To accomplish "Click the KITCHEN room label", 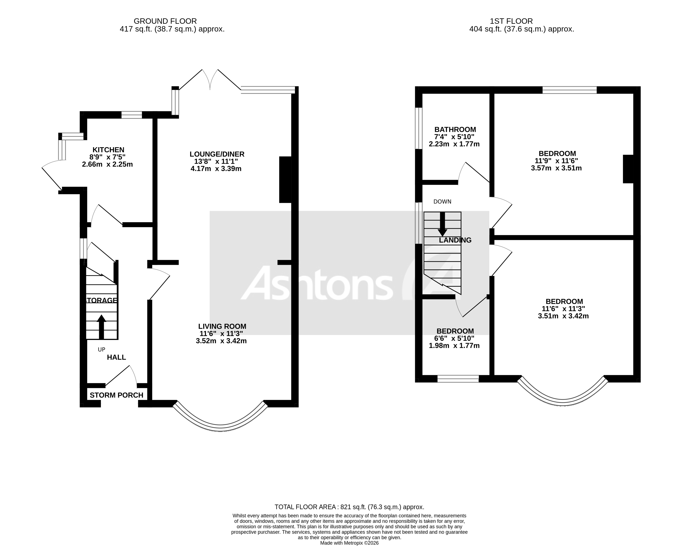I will [x=108, y=150].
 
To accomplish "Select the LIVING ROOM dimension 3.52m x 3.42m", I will [x=221, y=341].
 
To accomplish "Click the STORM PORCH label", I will [x=116, y=395].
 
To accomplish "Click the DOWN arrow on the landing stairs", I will [x=443, y=224].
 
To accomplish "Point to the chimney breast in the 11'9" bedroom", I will [x=628, y=169].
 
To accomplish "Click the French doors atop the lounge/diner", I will [x=210, y=80].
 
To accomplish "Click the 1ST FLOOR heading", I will [x=511, y=21].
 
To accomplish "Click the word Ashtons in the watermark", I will [x=317, y=283].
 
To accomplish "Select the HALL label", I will [x=116, y=357].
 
